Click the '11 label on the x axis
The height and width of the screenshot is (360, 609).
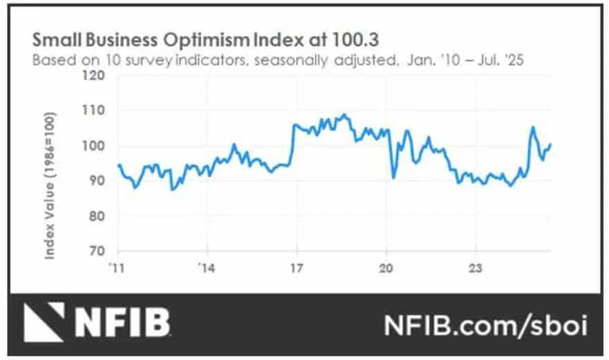[117, 267]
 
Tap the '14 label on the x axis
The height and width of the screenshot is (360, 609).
[206, 267]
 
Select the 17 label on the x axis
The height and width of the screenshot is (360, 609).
[297, 267]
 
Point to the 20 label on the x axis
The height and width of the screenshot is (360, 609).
[387, 267]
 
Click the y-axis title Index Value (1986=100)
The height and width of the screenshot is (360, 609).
[51, 188]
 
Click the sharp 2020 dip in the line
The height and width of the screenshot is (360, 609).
[393, 178]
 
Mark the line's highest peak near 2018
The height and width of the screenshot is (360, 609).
[344, 115]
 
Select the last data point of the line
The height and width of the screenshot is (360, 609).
[551, 144]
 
